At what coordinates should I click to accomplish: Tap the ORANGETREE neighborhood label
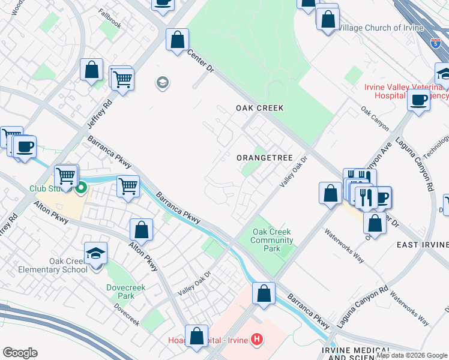pos(264,158)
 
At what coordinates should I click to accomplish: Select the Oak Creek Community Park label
pos(273,240)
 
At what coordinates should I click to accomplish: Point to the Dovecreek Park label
pos(121,292)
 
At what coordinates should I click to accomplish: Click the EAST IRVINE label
pos(423,245)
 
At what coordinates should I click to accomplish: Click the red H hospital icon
pos(257,340)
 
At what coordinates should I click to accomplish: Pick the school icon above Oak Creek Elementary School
pos(95,253)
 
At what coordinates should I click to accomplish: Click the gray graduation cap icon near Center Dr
pos(162,82)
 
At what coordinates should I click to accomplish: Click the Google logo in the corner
pos(20,353)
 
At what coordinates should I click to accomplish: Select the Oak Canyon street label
pos(375,119)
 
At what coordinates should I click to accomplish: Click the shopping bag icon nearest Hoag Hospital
pos(196,337)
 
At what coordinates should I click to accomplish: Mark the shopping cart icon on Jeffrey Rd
pos(122,79)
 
